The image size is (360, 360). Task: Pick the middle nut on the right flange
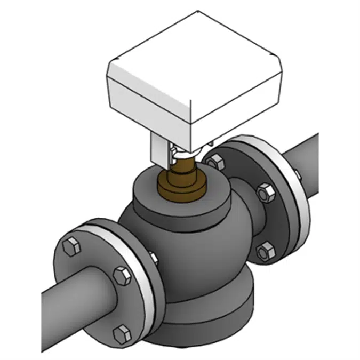click(x=263, y=192)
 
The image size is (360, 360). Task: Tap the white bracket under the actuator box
click(x=160, y=147)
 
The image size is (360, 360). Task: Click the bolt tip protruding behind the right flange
click(x=295, y=172)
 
